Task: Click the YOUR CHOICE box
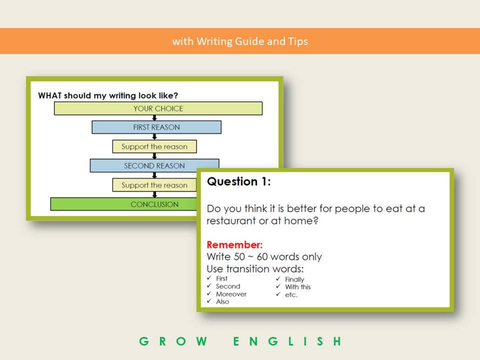point(158,108)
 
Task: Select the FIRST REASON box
point(156,127)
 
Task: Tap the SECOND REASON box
point(154,165)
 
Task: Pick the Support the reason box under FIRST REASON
point(154,147)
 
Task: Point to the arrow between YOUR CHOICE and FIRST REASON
point(155,118)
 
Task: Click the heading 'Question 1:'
point(238,182)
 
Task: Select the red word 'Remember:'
point(235,245)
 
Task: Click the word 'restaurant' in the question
point(231,221)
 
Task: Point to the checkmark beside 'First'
point(209,278)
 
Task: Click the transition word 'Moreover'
point(231,294)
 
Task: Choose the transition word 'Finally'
point(294,279)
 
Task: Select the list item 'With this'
point(298,287)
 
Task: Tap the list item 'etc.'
point(291,295)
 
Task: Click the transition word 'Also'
point(222,301)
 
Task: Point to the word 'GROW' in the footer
point(173,341)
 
